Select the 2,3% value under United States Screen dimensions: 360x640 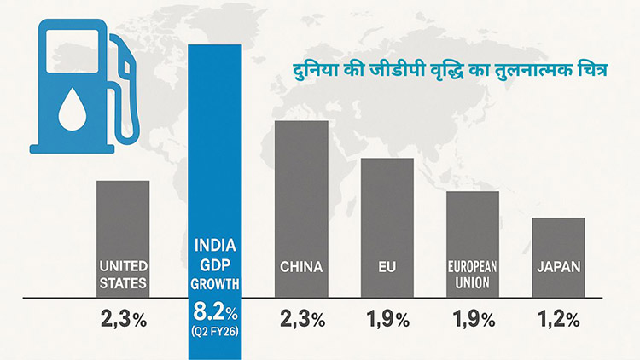124,320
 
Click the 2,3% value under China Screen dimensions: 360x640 302,320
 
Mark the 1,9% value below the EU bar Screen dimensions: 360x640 387,320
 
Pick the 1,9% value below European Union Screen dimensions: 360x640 473,320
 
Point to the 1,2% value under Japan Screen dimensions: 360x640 559,320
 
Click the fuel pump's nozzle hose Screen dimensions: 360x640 128,85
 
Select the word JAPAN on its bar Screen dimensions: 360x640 558,267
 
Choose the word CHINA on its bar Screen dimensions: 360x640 301,267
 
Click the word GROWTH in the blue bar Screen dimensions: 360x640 216,284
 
